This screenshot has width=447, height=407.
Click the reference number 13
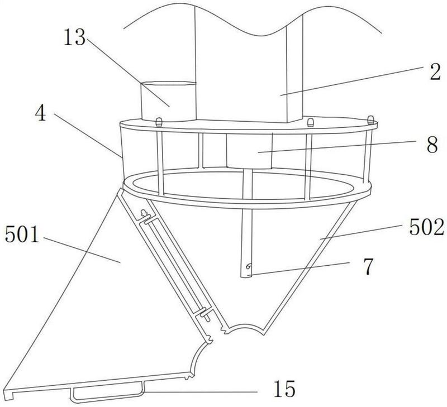(x=74, y=37)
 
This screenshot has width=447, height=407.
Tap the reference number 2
(x=435, y=73)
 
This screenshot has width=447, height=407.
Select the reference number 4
(x=40, y=113)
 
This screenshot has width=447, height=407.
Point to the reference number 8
(x=432, y=145)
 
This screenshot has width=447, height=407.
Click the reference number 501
(x=22, y=234)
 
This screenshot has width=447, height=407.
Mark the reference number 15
(x=284, y=389)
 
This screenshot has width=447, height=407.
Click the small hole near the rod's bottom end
(x=249, y=266)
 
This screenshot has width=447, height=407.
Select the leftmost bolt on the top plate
(x=159, y=122)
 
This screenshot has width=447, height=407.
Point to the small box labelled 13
(x=169, y=101)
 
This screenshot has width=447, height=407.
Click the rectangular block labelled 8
(x=249, y=150)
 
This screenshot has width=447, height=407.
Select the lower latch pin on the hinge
(x=205, y=314)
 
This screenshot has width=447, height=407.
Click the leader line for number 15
(x=200, y=392)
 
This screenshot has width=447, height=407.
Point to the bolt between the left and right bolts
(x=310, y=122)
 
